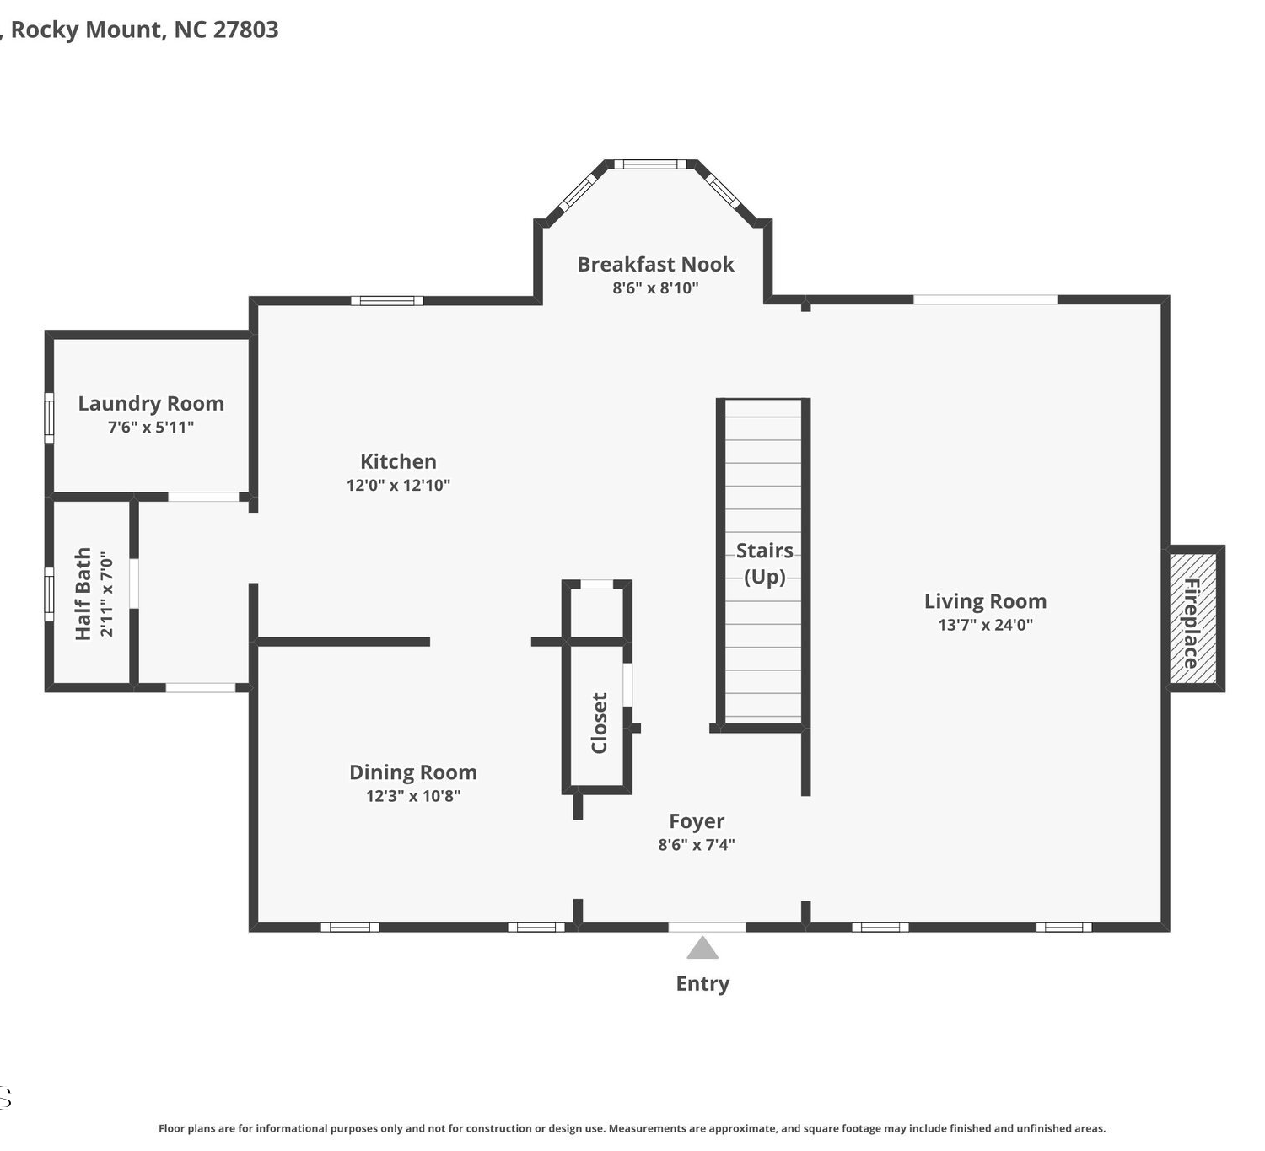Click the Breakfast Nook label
pyautogui.click(x=655, y=264)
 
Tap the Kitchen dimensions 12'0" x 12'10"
pyautogui.click(x=398, y=485)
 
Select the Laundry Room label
pyautogui.click(x=151, y=404)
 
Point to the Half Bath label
pyautogui.click(x=83, y=594)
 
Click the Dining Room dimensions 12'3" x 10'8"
pyautogui.click(x=413, y=795)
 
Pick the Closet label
pyautogui.click(x=599, y=723)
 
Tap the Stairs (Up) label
pyautogui.click(x=764, y=563)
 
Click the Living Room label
pyautogui.click(x=985, y=601)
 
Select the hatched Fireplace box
pyautogui.click(x=1192, y=618)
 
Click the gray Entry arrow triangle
pyautogui.click(x=702, y=948)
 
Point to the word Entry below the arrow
pyautogui.click(x=702, y=983)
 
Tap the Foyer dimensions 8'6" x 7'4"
pyautogui.click(x=697, y=844)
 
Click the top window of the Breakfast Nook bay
pyautogui.click(x=650, y=164)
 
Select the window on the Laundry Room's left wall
pyautogui.click(x=49, y=417)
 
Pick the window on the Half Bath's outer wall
pyautogui.click(x=49, y=594)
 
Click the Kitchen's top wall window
pyautogui.click(x=387, y=300)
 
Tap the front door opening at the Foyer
pyautogui.click(x=707, y=927)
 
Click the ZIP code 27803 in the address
pyautogui.click(x=246, y=30)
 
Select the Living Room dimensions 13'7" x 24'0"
pyautogui.click(x=985, y=624)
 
